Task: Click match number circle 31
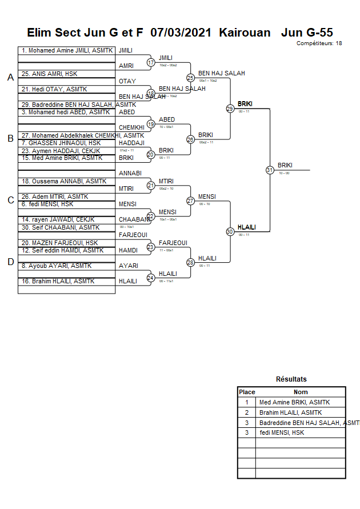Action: (270, 170)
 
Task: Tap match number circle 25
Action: (190, 78)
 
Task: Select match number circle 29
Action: (230, 109)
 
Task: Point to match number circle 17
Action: (151, 62)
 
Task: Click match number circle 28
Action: (190, 263)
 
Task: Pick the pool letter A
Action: (10, 78)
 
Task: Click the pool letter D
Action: (10, 262)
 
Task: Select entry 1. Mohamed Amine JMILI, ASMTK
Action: (67, 50)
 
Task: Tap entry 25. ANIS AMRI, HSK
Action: (49, 74)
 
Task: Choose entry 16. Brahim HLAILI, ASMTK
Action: (58, 281)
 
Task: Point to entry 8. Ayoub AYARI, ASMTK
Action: (56, 266)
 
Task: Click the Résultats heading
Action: (291, 379)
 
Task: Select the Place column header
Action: (247, 392)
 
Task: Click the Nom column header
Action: (301, 392)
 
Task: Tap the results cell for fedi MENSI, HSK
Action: (282, 433)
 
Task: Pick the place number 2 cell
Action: (247, 412)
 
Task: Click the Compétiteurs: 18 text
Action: (319, 43)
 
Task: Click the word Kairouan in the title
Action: (245, 33)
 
